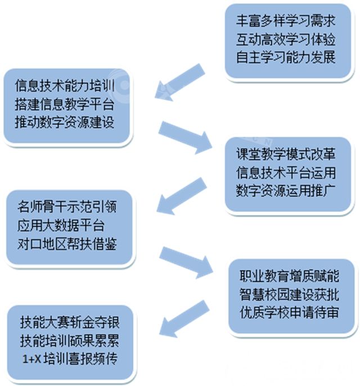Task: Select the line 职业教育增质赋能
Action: coord(289,277)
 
